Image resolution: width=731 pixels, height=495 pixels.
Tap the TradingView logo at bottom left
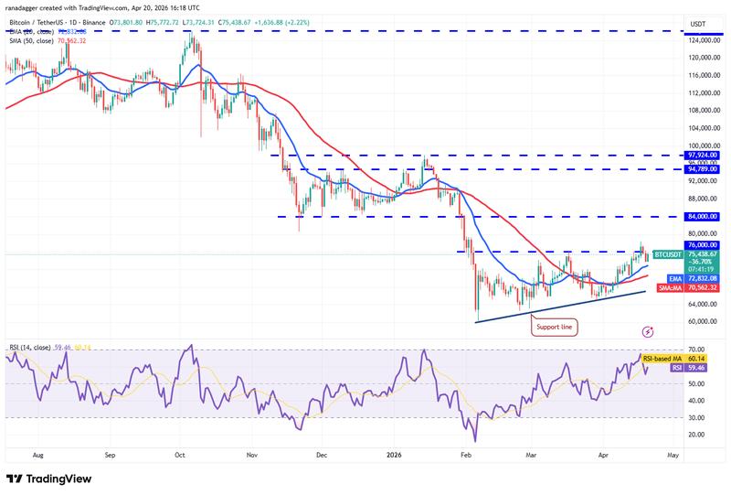[52, 479]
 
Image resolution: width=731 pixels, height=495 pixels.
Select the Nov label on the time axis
[251, 454]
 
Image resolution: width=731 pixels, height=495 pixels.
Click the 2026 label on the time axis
[394, 454]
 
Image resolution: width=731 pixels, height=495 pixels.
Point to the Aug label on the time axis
[37, 454]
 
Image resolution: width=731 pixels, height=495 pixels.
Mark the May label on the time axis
[673, 454]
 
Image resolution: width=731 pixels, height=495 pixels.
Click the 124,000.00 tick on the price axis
[706, 39]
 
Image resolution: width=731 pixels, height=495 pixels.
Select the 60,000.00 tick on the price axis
[706, 321]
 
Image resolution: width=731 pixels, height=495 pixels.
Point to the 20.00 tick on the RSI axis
[697, 434]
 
